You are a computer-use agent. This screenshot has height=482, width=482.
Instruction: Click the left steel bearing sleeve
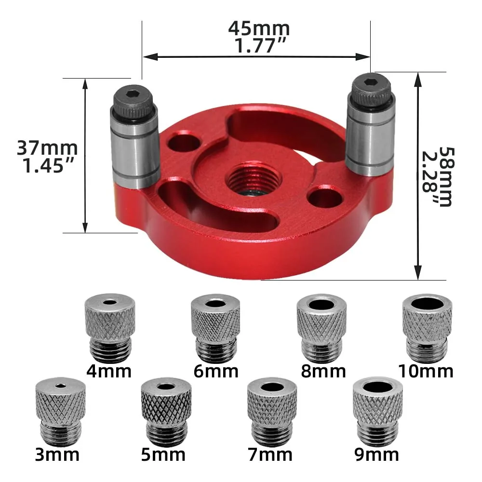click(x=136, y=149)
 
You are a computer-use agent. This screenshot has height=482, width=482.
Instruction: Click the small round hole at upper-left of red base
click(x=187, y=142)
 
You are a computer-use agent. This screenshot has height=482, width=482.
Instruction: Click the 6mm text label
click(x=216, y=372)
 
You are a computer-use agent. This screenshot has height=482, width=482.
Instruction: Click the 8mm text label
click(x=323, y=372)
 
